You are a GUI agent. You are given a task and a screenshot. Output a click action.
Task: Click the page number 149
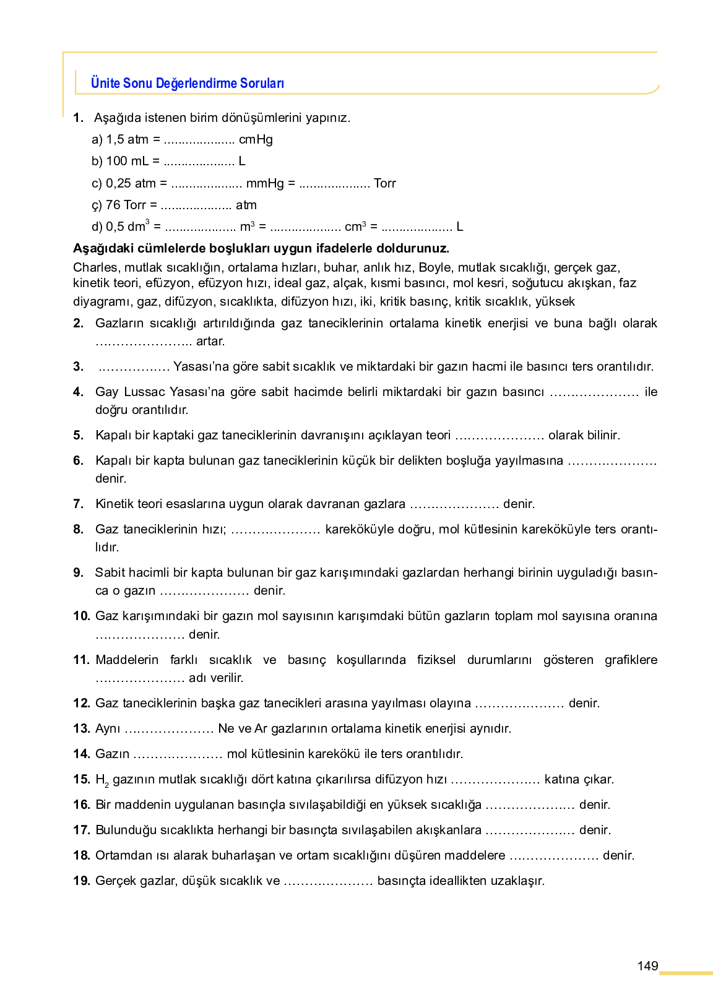647,966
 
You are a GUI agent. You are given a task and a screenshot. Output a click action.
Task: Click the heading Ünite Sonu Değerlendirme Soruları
187,83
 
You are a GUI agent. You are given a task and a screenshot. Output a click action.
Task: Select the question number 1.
78,118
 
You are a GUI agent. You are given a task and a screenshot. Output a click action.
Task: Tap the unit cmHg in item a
256,140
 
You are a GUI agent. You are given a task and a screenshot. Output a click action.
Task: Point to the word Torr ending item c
385,183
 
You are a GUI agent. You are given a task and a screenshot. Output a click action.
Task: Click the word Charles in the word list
95,267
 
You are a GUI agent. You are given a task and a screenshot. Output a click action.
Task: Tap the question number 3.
78,366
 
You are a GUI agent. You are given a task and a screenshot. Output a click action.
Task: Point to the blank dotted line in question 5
499,436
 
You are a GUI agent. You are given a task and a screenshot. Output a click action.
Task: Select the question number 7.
78,504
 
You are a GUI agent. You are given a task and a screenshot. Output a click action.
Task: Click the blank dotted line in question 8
275,530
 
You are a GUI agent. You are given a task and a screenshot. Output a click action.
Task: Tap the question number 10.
81,616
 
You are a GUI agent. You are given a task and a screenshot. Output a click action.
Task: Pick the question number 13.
81,728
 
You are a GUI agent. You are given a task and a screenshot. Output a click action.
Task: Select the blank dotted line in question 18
554,856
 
